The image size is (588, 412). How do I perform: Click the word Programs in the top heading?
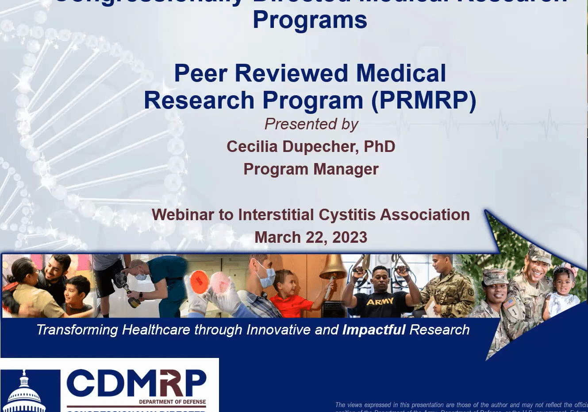(310, 20)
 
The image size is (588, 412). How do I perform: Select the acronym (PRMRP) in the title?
(424, 101)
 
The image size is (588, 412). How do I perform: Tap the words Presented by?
(311, 124)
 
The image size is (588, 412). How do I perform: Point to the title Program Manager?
(311, 169)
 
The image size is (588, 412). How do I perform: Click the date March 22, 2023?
(311, 237)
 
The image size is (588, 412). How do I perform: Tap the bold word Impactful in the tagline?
(374, 330)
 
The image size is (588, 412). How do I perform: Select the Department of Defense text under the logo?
(172, 402)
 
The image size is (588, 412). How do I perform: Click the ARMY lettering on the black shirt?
(380, 302)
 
